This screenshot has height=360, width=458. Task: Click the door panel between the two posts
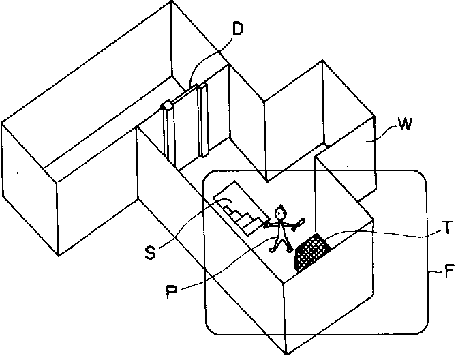185,130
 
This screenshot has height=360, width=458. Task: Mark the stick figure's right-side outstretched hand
301,220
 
